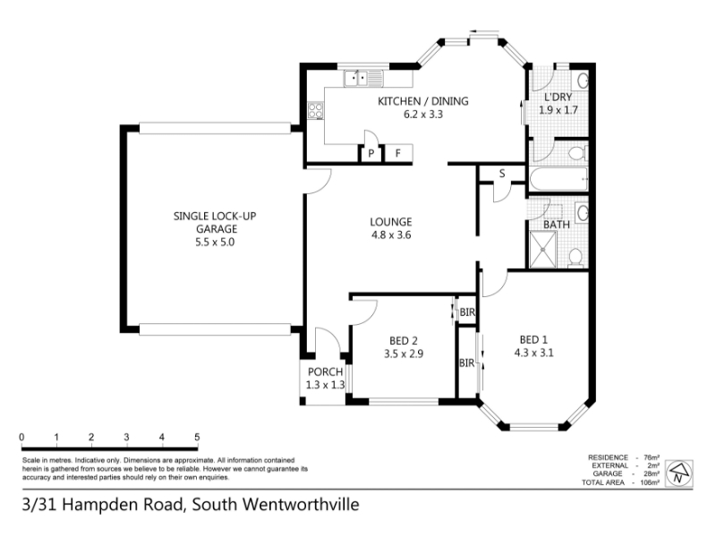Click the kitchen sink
363,78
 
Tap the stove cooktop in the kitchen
316,110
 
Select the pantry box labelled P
371,153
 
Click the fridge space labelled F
398,153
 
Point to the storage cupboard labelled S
502,174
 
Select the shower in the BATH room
543,250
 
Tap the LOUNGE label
391,222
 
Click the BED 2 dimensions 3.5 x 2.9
404,354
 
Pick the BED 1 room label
533,340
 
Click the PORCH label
325,371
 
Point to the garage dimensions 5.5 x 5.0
215,242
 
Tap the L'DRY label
558,97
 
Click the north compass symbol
679,473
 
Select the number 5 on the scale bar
197,437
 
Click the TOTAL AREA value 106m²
651,482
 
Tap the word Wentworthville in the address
301,505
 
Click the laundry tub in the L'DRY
582,81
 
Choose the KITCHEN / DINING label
422,101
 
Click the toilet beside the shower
575,258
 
